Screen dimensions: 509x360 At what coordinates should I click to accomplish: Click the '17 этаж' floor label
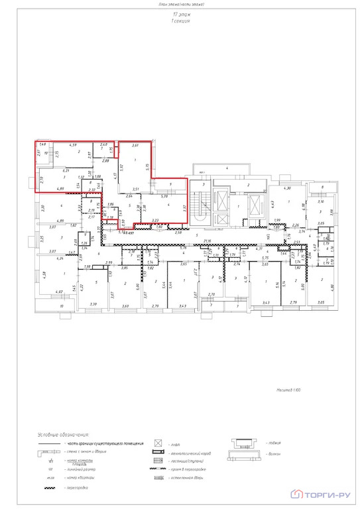180,13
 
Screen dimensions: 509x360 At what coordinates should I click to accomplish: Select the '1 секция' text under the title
180,21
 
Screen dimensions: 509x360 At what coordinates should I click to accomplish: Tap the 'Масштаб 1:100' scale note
289,392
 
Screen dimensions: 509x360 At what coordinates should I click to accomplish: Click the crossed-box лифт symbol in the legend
158,442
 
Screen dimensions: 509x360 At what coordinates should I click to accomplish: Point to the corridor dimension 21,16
226,241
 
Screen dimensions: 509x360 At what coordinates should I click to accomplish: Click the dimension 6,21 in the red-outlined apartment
67,171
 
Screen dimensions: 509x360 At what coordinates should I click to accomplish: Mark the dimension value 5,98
165,196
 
